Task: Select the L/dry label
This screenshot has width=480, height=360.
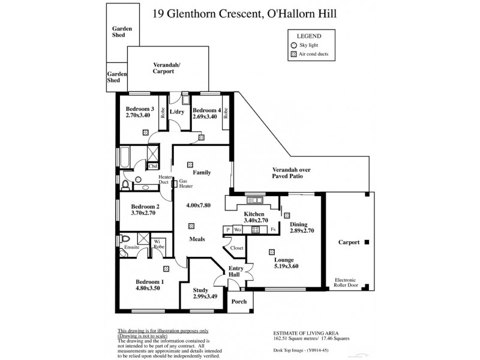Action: (x=176, y=112)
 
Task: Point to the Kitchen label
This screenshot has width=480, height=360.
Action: (x=255, y=214)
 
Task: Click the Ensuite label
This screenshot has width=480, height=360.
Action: (x=132, y=247)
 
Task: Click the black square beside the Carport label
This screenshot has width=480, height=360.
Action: (x=367, y=242)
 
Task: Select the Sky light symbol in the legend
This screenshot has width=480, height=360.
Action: (x=294, y=45)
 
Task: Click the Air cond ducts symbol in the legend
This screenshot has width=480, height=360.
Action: (x=294, y=55)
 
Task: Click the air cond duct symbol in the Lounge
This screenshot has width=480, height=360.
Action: (x=272, y=251)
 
